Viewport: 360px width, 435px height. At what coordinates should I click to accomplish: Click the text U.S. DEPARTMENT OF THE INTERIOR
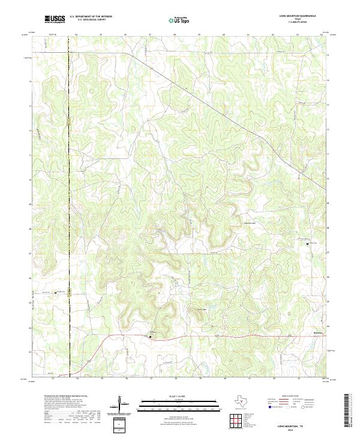(x=91, y=16)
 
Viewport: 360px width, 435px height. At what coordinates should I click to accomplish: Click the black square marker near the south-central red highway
(x=151, y=337)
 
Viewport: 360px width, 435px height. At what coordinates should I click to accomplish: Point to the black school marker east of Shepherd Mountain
(x=308, y=244)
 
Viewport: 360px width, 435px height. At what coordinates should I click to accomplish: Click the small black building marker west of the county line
(x=57, y=293)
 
